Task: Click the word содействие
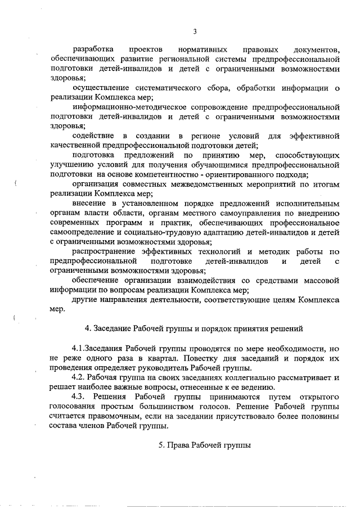coord(93,136)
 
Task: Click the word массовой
coord(322,280)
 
